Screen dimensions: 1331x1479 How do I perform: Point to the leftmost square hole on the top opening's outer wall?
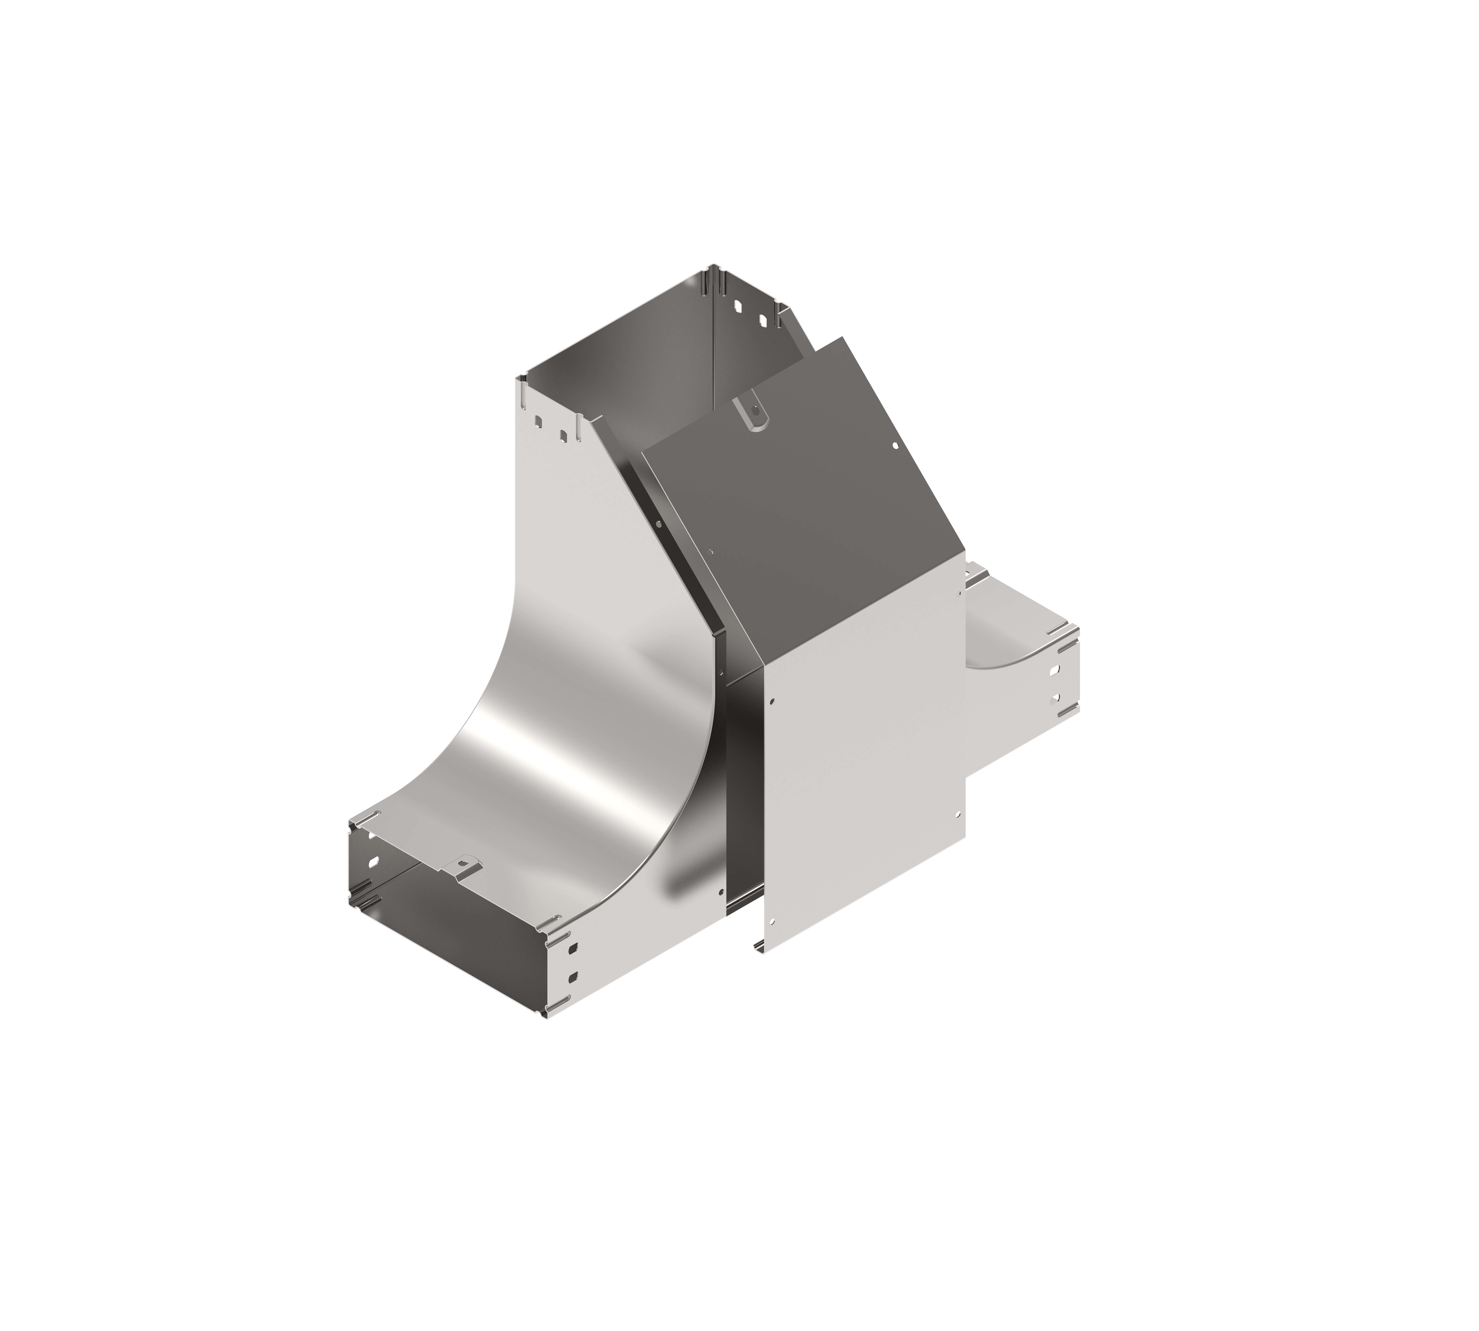click(x=538, y=422)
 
